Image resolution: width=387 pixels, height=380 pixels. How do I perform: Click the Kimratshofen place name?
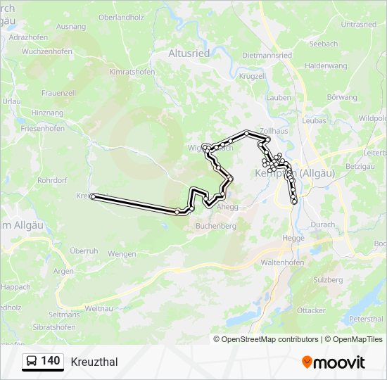point(132,72)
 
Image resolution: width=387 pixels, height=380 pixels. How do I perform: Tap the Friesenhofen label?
point(42,129)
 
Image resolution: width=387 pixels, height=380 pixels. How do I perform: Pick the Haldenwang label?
point(326,65)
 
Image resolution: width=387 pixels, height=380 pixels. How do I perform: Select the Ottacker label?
point(311,310)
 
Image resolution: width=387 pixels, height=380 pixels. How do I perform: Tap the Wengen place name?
point(122,253)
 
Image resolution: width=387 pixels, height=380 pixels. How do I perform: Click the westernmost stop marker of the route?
point(93,197)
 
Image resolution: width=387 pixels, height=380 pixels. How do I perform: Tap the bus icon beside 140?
point(31,362)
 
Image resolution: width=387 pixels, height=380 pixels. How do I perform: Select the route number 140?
point(51,361)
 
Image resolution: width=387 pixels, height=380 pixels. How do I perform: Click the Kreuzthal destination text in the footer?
point(94,362)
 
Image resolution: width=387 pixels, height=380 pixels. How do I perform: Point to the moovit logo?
point(334,362)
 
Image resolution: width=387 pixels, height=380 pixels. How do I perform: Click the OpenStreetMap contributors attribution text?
point(269,339)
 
